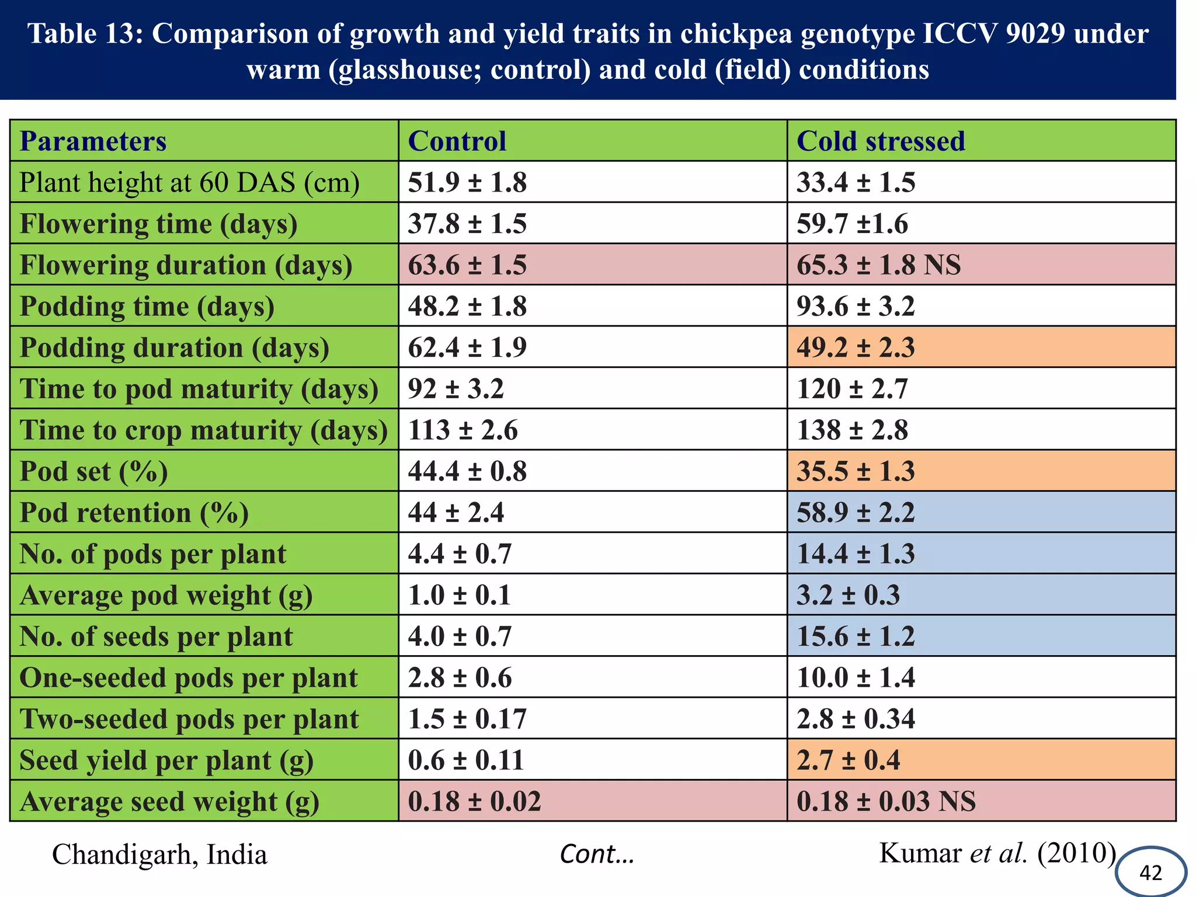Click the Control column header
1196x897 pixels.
(x=457, y=141)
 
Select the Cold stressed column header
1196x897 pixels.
(x=880, y=141)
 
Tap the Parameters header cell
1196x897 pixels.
(x=93, y=141)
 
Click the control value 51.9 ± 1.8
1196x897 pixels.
(x=467, y=183)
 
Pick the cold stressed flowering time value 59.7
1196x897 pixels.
(x=852, y=224)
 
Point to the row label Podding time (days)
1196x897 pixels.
(x=147, y=307)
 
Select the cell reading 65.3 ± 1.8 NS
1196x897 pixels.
(x=878, y=265)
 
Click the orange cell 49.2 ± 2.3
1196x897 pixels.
(x=856, y=348)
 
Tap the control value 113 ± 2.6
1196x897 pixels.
(x=463, y=430)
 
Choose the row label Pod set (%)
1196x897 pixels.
(x=93, y=472)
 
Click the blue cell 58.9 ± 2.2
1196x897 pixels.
(x=856, y=513)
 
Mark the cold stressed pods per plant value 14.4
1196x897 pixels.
(x=856, y=554)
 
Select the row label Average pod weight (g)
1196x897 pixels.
(x=166, y=596)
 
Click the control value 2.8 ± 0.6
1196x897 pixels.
(x=460, y=678)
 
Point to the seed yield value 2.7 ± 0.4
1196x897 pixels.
(x=848, y=760)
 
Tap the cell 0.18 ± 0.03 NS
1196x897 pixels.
(x=886, y=802)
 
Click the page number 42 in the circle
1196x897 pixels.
(x=1150, y=872)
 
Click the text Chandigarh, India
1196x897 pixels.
(x=159, y=855)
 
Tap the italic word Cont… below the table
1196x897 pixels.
(x=597, y=855)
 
